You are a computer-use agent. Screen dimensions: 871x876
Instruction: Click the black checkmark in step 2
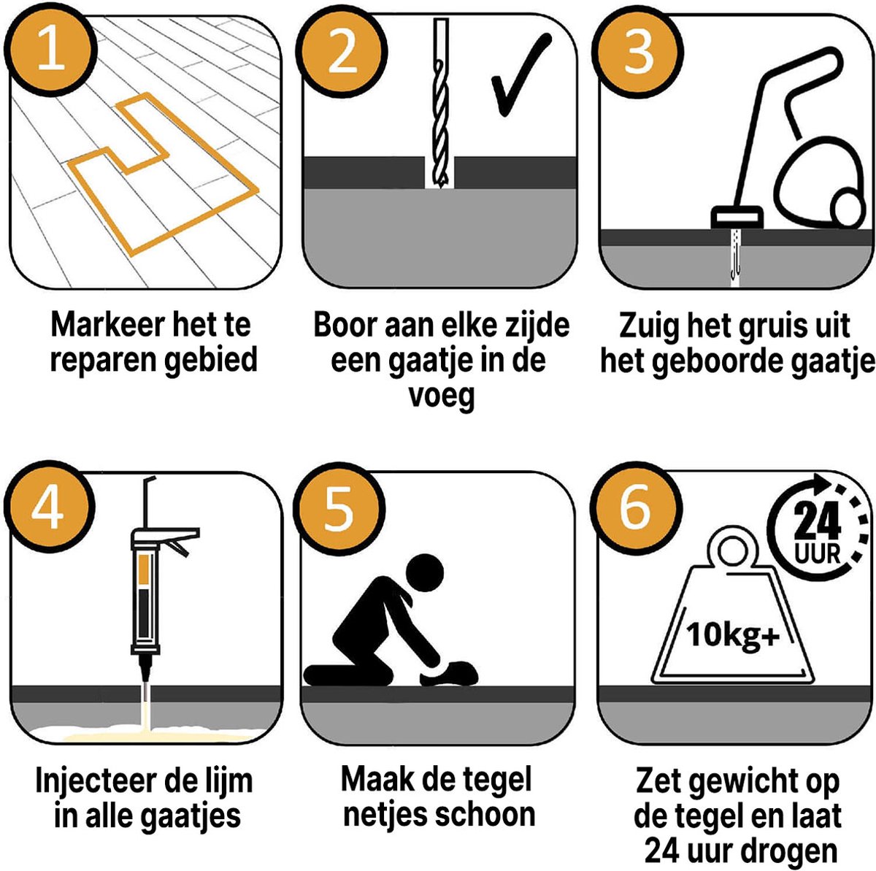click(520, 77)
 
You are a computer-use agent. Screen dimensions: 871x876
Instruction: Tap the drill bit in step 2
click(440, 110)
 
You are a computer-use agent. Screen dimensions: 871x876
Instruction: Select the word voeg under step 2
click(441, 396)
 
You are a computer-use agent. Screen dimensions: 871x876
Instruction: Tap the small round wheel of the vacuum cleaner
click(850, 210)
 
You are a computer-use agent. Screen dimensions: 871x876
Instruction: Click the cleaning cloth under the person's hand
click(453, 669)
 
